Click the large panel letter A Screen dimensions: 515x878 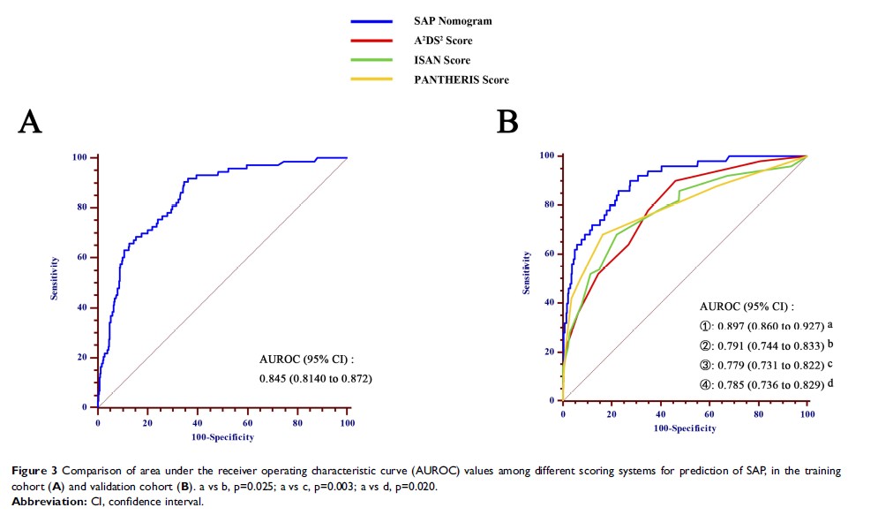(30, 121)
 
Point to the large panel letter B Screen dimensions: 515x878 (507, 121)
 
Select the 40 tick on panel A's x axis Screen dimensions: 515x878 (198, 422)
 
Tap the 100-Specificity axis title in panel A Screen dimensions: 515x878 (221, 436)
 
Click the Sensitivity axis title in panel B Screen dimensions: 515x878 (527, 273)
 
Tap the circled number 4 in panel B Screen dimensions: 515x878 (707, 383)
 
